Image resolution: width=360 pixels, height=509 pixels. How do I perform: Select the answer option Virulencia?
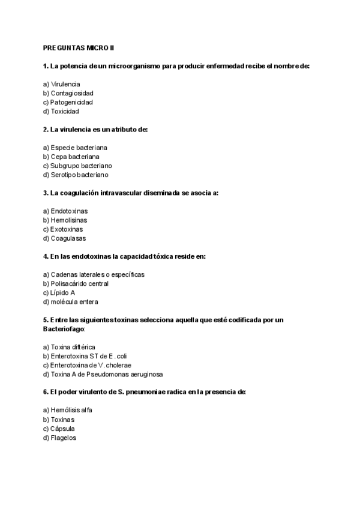[62, 84]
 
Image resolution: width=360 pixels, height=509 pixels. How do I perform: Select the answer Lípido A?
[59, 292]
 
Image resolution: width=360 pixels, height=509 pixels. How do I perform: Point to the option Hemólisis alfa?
[67, 411]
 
